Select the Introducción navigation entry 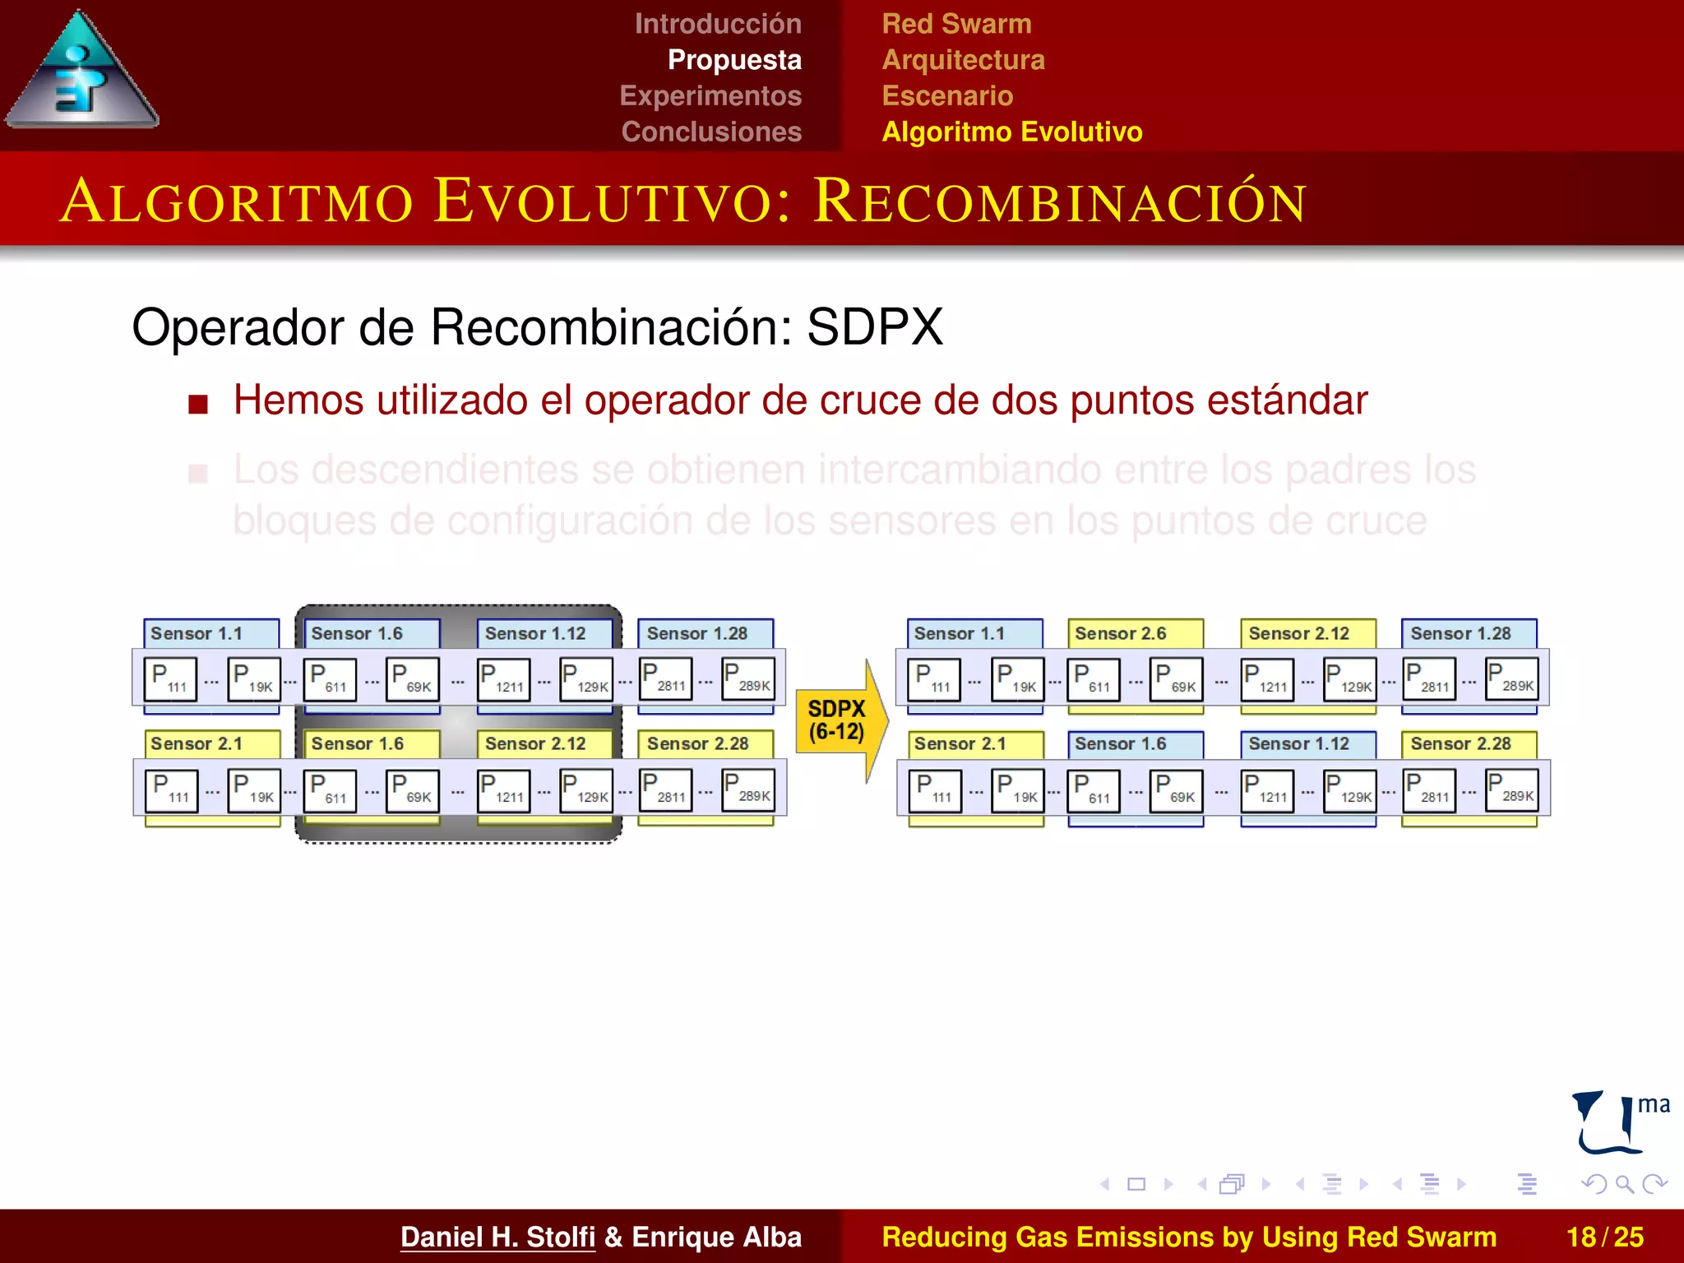tap(717, 24)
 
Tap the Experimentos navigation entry tap(710, 95)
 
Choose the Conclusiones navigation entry tap(711, 132)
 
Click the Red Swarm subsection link tap(956, 24)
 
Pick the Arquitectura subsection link tap(963, 60)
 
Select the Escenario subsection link tap(947, 95)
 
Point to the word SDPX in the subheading tap(874, 327)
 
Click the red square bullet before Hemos tap(198, 404)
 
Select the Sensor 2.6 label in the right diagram tap(1121, 633)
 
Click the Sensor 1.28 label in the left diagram tap(696, 633)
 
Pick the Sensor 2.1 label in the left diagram tap(197, 743)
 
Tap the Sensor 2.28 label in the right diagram tap(1460, 743)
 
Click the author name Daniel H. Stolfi tap(497, 1237)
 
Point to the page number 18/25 tap(1604, 1237)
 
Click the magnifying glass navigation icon tap(1624, 1184)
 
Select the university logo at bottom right tap(1618, 1123)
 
